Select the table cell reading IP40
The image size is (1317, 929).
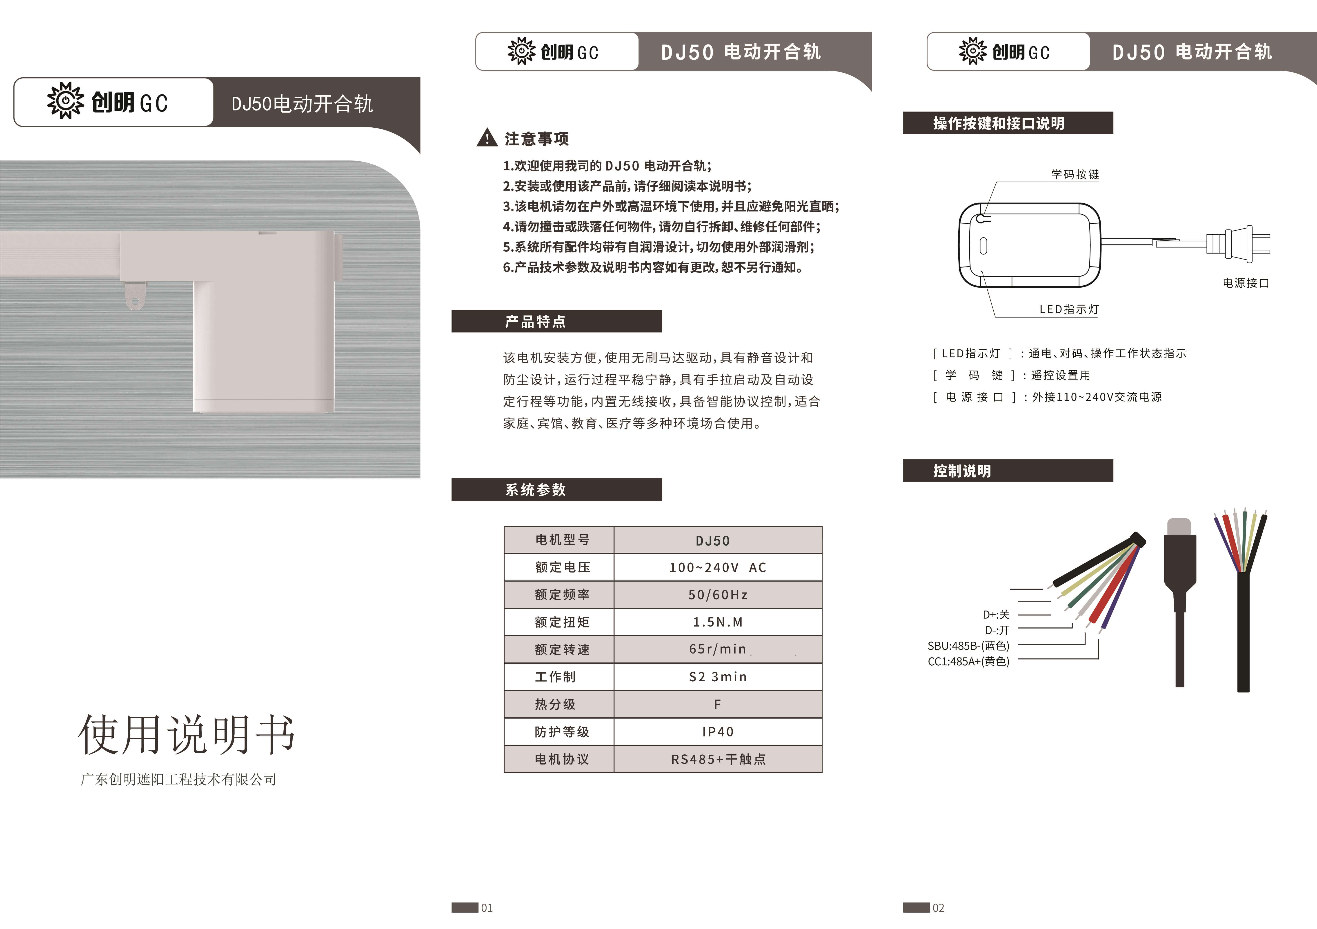point(718,732)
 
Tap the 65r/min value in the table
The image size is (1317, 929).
point(718,649)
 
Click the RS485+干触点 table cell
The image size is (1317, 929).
point(718,759)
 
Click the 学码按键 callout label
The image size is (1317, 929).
point(1075,174)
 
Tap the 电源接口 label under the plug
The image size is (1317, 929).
point(1246,283)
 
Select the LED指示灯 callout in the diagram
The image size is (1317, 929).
point(1069,309)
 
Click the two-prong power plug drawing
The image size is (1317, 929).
point(1239,243)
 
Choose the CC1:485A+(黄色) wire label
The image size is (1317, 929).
point(968,661)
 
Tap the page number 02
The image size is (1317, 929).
point(939,908)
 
